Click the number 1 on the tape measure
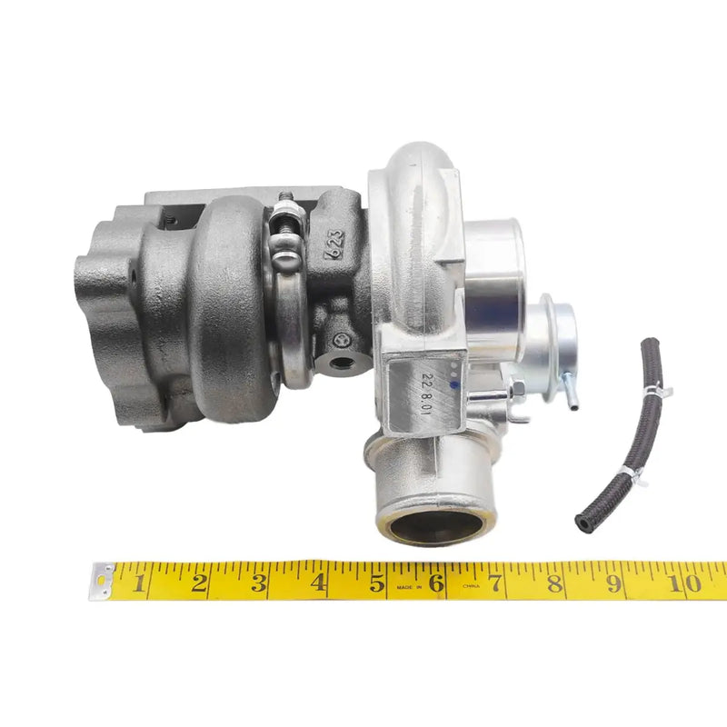[x=139, y=583]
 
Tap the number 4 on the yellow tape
[x=319, y=583]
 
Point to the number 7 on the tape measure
[x=495, y=583]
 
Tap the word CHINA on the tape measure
[x=470, y=588]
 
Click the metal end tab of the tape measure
[x=102, y=581]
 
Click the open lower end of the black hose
[x=582, y=523]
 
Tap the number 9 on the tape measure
[x=614, y=583]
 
